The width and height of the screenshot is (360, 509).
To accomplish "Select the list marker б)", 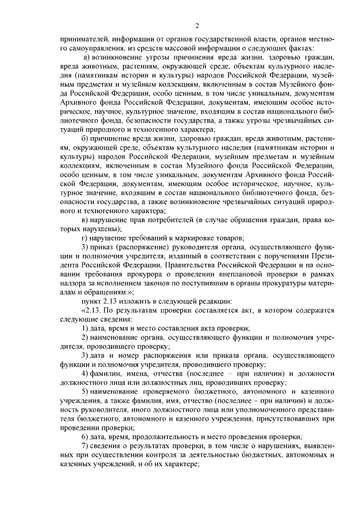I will click(85, 139).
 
